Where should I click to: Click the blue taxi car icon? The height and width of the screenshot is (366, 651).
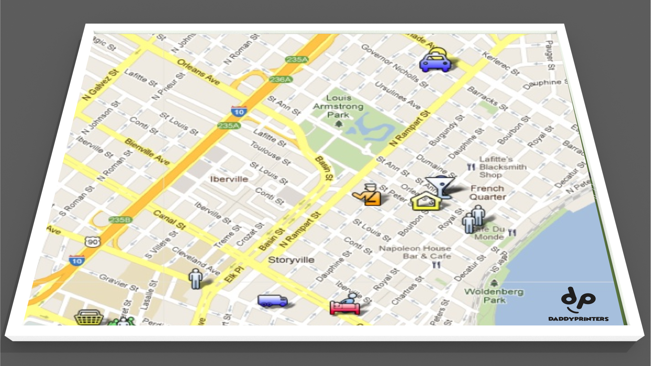click(435, 61)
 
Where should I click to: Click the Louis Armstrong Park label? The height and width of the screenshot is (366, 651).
click(338, 106)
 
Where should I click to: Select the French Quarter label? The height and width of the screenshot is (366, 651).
click(487, 193)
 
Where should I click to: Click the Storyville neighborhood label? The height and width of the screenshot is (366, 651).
click(291, 260)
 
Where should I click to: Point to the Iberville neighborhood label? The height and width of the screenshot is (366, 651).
click(229, 179)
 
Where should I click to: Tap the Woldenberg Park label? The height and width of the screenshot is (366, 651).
click(494, 296)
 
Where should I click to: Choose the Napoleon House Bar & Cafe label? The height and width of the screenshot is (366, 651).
click(415, 252)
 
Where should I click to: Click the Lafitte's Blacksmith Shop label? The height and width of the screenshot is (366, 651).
click(502, 167)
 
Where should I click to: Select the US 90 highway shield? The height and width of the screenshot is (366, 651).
click(92, 242)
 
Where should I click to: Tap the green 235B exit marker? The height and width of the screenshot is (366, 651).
click(120, 220)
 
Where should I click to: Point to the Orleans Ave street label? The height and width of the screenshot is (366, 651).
click(198, 72)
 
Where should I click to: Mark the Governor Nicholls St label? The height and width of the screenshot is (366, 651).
click(395, 66)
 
